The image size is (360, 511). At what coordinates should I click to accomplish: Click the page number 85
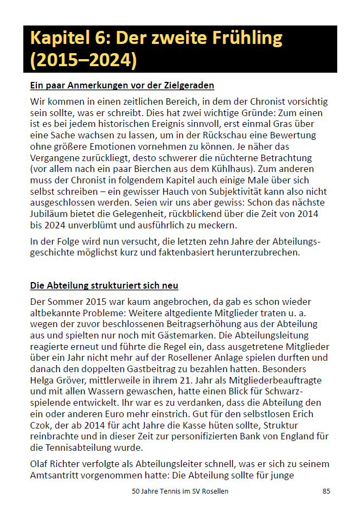pos(326,491)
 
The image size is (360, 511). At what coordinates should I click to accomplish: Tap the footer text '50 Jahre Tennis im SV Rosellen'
pos(180,491)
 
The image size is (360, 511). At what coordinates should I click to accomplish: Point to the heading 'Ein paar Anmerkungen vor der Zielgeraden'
pos(122,85)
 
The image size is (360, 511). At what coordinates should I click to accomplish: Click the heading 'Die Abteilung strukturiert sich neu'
pos(104,285)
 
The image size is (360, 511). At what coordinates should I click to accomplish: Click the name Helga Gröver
pos(60,380)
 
